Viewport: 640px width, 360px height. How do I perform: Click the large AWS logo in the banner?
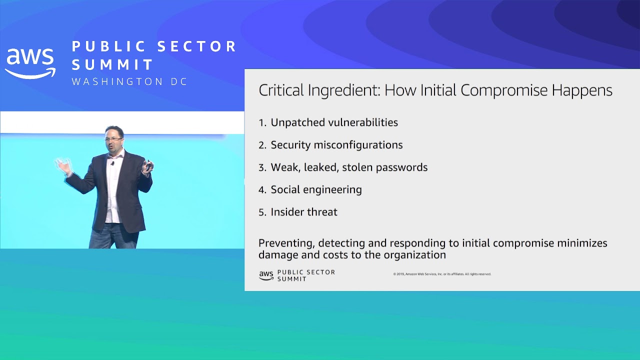tap(30, 63)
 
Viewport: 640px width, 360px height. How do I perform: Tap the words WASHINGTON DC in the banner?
tap(129, 81)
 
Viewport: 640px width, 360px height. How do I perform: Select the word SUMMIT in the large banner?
tap(112, 64)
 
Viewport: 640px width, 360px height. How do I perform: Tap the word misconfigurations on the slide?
tap(358, 145)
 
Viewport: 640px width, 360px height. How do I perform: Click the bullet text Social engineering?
tap(316, 190)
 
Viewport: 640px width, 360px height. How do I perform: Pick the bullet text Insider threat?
tap(304, 212)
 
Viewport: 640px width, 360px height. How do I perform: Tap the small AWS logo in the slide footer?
tap(266, 275)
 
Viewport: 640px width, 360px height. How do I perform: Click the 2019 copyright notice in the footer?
tap(442, 274)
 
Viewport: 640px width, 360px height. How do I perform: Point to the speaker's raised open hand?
tap(63, 165)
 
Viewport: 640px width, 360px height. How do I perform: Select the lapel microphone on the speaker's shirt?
tap(112, 163)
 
